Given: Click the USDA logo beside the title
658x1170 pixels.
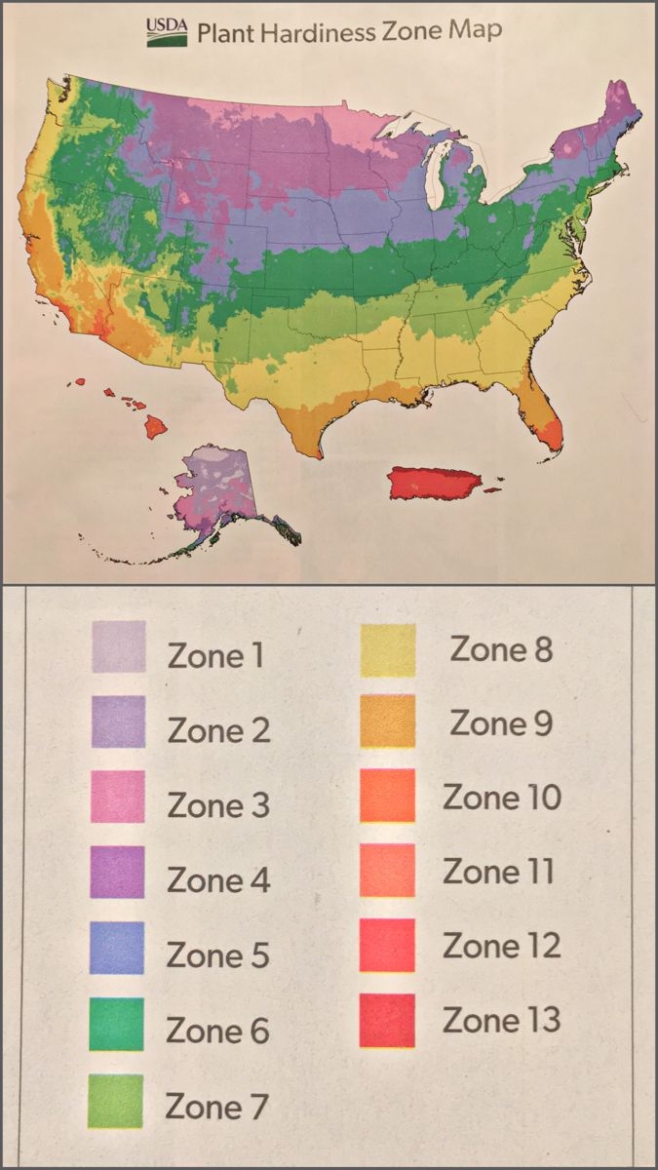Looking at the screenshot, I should pyautogui.click(x=167, y=32).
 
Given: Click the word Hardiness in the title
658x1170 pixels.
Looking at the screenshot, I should pyautogui.click(x=294, y=33).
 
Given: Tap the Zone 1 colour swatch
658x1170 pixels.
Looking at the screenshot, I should pyautogui.click(x=119, y=647).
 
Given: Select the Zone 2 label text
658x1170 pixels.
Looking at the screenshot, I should pyautogui.click(x=218, y=730).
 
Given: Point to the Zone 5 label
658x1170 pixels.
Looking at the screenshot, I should pyautogui.click(x=217, y=955).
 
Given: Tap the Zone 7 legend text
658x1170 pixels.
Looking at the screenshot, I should pyautogui.click(x=215, y=1107).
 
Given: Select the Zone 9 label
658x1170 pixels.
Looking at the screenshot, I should pyautogui.click(x=500, y=723).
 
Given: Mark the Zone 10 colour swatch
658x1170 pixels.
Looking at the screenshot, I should pyautogui.click(x=388, y=795).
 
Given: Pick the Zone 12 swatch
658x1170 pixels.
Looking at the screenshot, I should pyautogui.click(x=387, y=946).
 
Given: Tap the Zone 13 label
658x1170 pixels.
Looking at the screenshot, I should pyautogui.click(x=501, y=1021).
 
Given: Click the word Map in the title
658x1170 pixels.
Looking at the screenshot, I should pyautogui.click(x=475, y=31).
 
